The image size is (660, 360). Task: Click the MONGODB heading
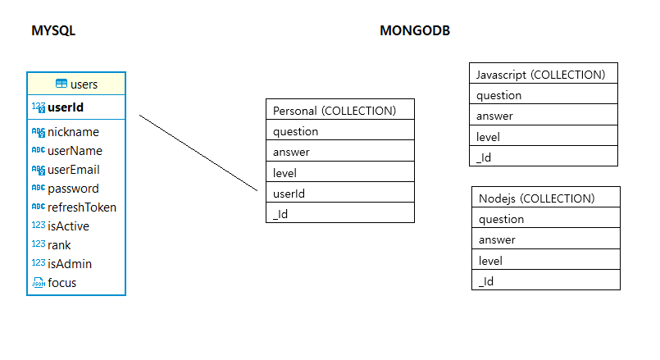(415, 31)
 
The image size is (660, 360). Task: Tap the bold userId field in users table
(66, 107)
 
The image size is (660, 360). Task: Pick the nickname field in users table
(73, 131)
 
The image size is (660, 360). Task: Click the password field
(73, 189)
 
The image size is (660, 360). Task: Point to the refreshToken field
(82, 207)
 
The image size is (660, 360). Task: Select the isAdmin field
(70, 264)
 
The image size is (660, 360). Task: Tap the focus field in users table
(62, 283)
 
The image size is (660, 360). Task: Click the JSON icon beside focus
(38, 283)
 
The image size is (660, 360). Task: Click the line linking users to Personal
(199, 153)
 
